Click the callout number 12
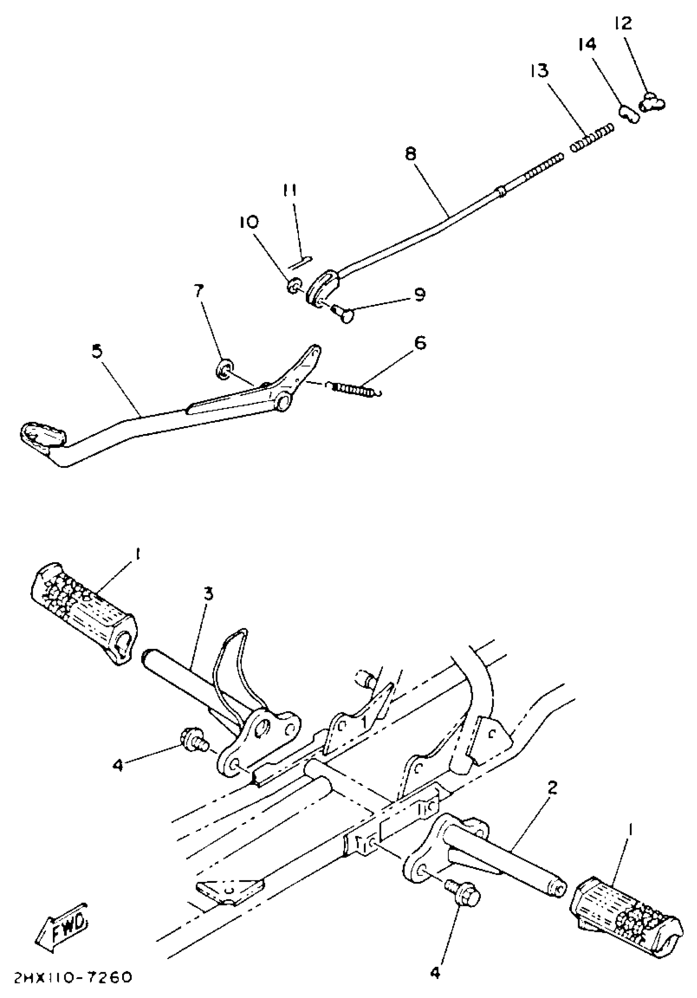[x=623, y=23]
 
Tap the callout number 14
[x=587, y=45]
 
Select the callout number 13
[x=539, y=70]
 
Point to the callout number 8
[x=410, y=154]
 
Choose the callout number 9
[x=419, y=295]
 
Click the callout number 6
[x=419, y=343]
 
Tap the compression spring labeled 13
[x=592, y=137]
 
